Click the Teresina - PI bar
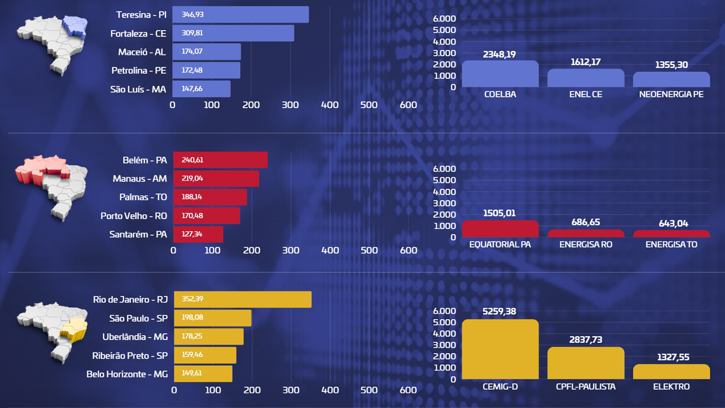point(241,15)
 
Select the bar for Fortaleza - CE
point(233,33)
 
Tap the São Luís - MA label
point(138,89)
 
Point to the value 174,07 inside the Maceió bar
point(192,52)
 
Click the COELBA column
point(500,74)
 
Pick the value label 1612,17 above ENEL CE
point(586,62)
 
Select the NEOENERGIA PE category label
point(671,94)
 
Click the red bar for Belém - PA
point(220,160)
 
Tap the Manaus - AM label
point(140,178)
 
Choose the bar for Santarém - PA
point(198,235)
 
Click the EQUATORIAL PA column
point(500,229)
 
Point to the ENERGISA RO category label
point(586,244)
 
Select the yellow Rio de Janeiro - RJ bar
point(242,299)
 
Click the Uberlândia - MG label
point(135,337)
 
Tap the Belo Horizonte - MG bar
point(203,374)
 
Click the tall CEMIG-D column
point(500,350)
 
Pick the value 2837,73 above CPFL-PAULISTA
point(586,339)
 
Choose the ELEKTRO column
point(671,372)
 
